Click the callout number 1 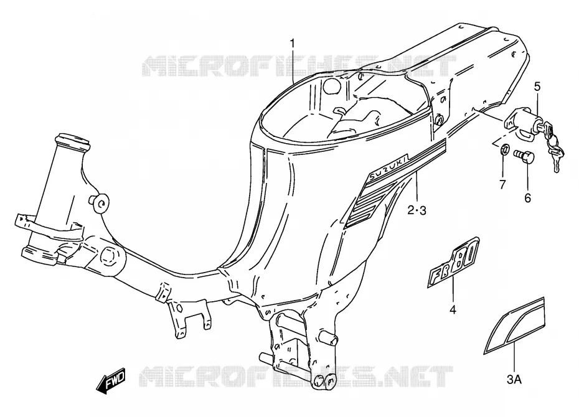(x=293, y=44)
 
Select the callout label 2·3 (x=417, y=211)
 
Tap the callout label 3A (x=514, y=379)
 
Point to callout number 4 (x=453, y=310)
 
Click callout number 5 (x=537, y=87)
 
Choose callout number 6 (x=528, y=198)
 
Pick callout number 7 (x=502, y=184)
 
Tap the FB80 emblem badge (x=454, y=263)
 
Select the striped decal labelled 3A (x=515, y=325)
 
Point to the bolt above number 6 (x=524, y=158)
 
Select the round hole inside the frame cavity (x=331, y=87)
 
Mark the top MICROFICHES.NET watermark (x=299, y=66)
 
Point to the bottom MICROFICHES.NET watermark (x=296, y=377)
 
